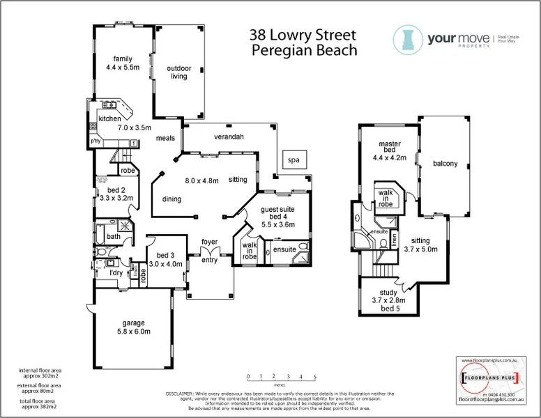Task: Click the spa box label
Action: [x=293, y=160]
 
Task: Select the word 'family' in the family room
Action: [x=123, y=59]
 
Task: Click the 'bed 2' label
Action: [x=116, y=189]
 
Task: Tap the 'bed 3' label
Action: [x=165, y=255]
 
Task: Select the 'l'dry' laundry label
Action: [x=116, y=272]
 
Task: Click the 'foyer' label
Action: [x=209, y=242]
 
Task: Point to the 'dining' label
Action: [x=172, y=199]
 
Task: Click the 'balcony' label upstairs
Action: [x=445, y=164]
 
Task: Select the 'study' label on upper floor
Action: [x=388, y=293]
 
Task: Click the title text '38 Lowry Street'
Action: [x=303, y=35]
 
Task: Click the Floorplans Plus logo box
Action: [x=489, y=380]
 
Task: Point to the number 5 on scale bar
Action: [x=315, y=376]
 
